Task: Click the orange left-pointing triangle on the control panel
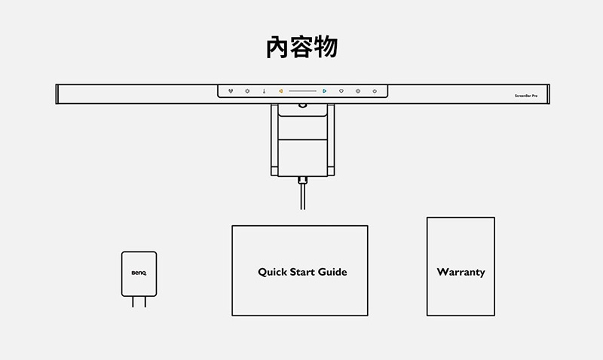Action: point(280,91)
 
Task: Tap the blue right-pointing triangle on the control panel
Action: point(325,91)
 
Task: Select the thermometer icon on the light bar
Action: point(265,91)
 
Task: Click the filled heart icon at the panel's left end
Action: point(231,91)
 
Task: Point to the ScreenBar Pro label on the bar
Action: point(526,96)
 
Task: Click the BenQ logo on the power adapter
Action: point(139,273)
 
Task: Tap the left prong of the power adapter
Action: point(133,301)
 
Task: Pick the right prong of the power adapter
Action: point(145,301)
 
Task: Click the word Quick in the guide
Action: point(272,272)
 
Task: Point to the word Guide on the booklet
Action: point(332,272)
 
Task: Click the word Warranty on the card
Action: point(461,273)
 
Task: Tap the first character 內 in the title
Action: point(277,47)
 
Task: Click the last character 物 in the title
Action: point(326,47)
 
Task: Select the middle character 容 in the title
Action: point(301,47)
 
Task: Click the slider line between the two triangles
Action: point(303,91)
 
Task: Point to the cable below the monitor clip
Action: point(303,197)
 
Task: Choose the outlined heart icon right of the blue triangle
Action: point(341,91)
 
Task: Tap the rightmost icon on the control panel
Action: point(375,91)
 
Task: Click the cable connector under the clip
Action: point(303,180)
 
